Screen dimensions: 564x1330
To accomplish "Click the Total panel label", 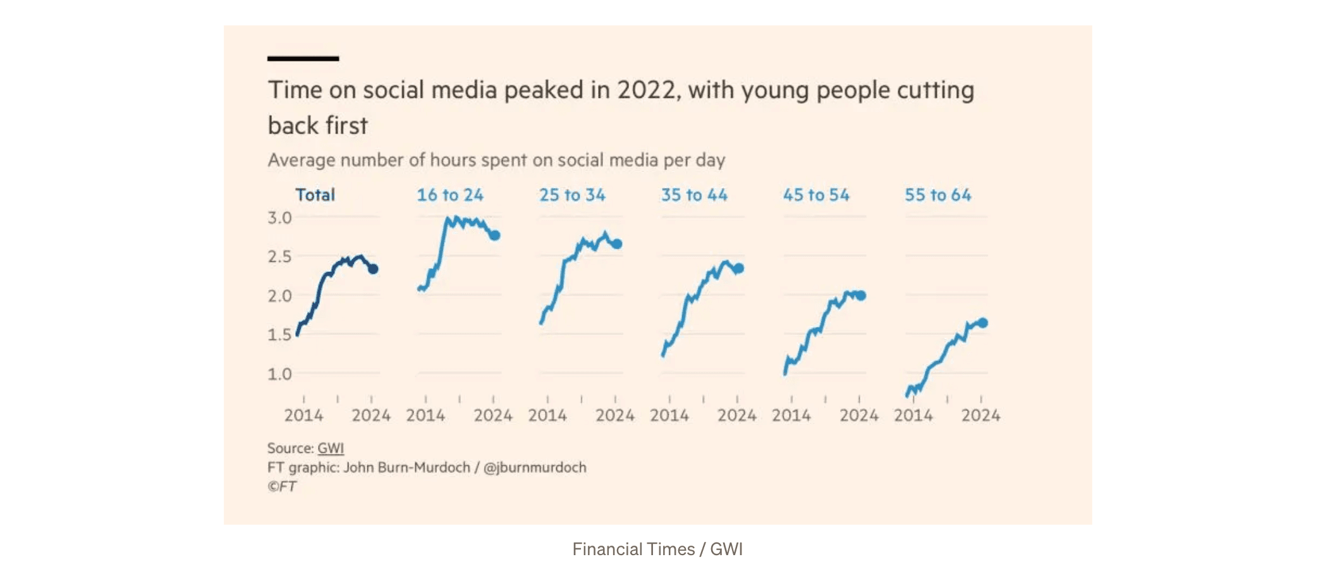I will (315, 195).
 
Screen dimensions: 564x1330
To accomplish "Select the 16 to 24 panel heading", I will (449, 195).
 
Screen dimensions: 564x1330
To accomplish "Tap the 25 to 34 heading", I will (572, 195).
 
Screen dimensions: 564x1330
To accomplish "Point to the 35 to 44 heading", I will (694, 195).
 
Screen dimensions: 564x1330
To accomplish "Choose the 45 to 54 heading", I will (816, 195).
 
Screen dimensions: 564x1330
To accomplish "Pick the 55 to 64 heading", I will (937, 195).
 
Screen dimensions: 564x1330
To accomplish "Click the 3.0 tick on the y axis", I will (279, 218).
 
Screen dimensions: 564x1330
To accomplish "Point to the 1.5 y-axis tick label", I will (279, 334).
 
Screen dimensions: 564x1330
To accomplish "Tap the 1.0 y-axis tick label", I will (279, 374).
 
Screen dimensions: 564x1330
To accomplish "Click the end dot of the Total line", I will (373, 269).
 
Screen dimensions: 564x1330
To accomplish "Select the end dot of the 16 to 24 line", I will (495, 235).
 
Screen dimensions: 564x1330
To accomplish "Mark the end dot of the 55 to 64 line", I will (982, 323).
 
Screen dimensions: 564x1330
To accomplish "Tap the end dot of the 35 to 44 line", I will (738, 269).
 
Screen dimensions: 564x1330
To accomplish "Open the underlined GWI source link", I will (331, 448).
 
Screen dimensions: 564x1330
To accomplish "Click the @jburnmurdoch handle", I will (535, 467).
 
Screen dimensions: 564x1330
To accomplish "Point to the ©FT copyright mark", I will (282, 486).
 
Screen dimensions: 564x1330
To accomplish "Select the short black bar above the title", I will (303, 58).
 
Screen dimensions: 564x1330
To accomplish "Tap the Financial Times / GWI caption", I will (657, 549).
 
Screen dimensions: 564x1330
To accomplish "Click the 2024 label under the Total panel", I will (371, 415).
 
